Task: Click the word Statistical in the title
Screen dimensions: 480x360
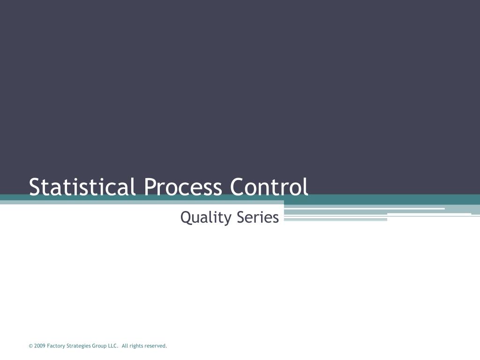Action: tap(82, 187)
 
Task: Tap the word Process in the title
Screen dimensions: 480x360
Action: tap(183, 187)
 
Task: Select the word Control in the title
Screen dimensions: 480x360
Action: tap(269, 187)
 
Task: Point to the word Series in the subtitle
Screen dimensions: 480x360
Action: tap(258, 217)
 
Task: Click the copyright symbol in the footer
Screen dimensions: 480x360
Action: tap(30, 346)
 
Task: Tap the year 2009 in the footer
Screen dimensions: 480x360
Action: tap(40, 346)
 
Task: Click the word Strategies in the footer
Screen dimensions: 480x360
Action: tap(79, 346)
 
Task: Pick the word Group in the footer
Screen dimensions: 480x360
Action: tap(99, 346)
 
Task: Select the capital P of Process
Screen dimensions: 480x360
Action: tap(150, 187)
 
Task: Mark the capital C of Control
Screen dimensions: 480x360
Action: tap(237, 187)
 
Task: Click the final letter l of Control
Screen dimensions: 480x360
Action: tap(306, 187)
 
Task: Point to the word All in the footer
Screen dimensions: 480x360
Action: tap(125, 346)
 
